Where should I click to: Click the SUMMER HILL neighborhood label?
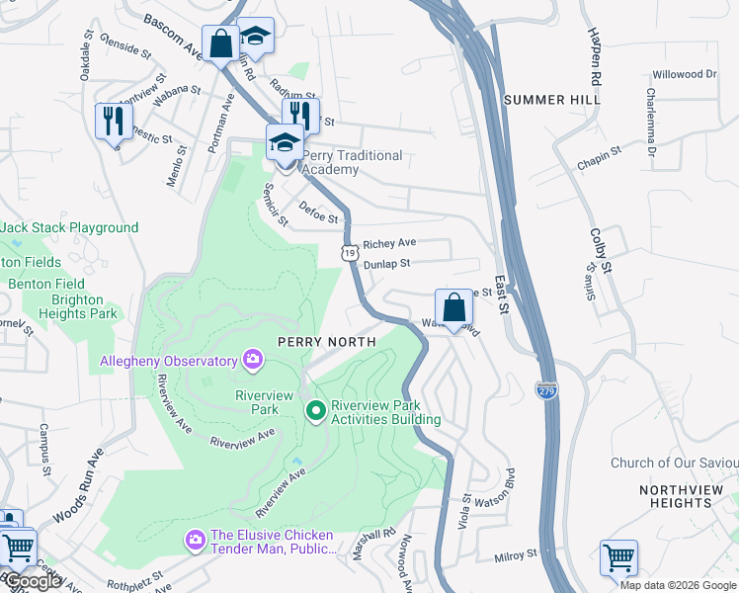(x=551, y=100)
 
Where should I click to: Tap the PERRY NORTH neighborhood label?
(x=326, y=341)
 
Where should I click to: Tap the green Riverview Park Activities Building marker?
(x=316, y=409)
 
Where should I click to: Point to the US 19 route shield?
(x=349, y=254)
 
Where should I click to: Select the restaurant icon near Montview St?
(x=113, y=121)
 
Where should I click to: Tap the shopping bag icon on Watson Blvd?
(x=453, y=306)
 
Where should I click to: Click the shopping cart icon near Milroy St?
(x=618, y=556)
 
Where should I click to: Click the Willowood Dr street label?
(x=684, y=74)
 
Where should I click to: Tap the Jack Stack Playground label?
(x=69, y=227)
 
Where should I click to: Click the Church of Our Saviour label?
(x=674, y=463)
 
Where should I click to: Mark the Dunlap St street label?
(x=386, y=264)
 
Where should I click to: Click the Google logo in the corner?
(x=33, y=581)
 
